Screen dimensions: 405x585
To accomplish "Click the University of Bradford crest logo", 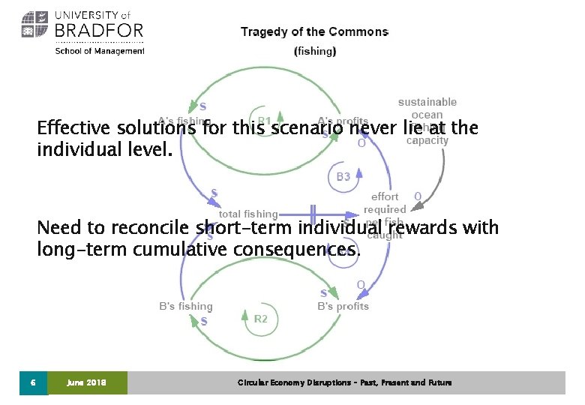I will coord(35,25).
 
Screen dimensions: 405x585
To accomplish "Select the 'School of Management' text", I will coord(100,51).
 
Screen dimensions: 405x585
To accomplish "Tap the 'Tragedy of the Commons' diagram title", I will coord(314,31).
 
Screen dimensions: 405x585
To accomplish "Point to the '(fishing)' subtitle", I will coord(315,51).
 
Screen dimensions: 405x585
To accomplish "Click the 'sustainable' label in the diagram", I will coord(427,102).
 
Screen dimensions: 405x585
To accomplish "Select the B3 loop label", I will coord(343,177).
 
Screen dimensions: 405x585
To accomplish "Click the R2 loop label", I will coord(260,319).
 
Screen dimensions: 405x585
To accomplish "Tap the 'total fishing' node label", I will coord(248,214).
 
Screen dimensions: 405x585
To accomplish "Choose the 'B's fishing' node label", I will coord(185,306).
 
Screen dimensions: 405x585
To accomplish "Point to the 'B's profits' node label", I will coord(343,306).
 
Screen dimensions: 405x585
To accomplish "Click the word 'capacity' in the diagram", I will coord(427,140).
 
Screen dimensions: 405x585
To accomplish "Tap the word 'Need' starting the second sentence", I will coord(57,227).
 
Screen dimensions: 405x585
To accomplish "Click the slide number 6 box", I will coord(33,382).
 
